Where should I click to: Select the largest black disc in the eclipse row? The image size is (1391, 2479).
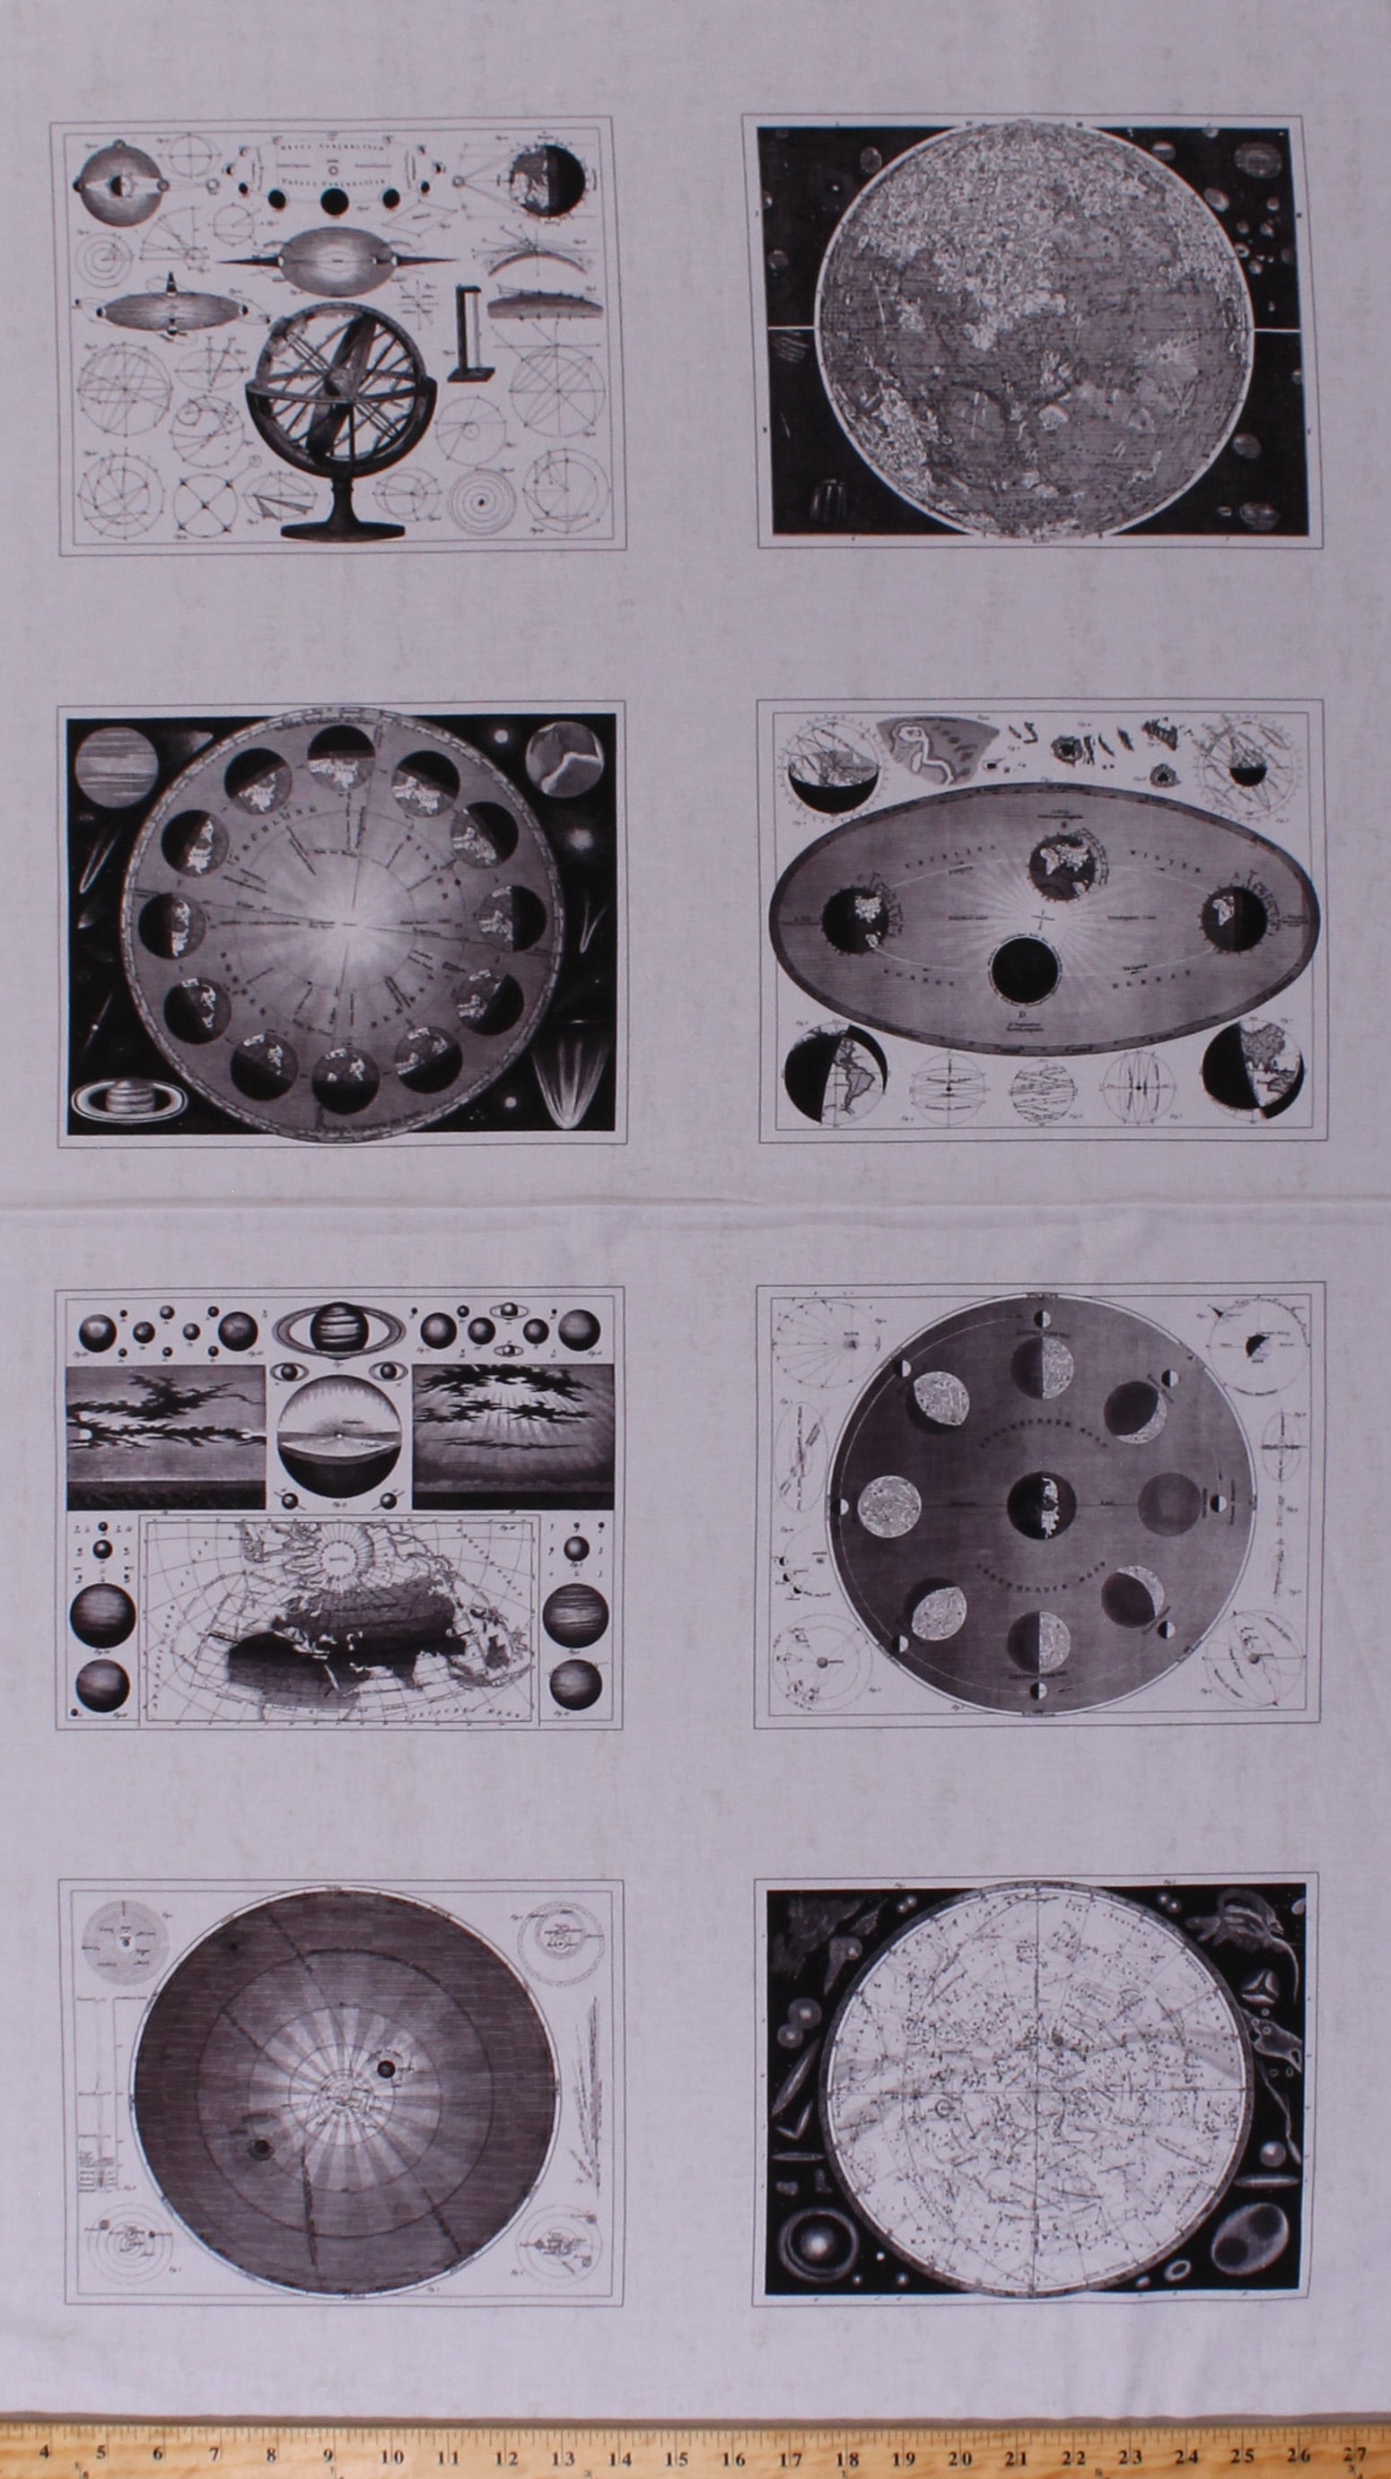point(334,201)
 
